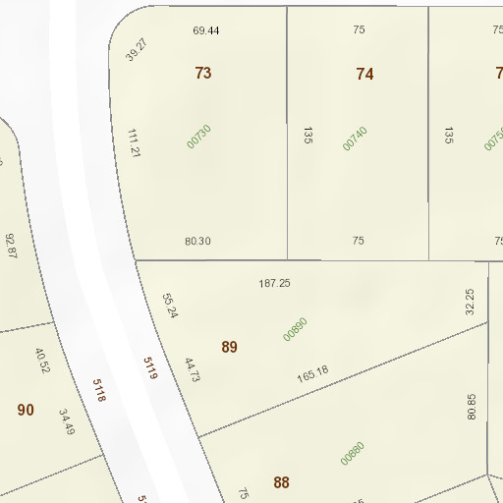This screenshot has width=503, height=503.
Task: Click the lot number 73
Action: (x=203, y=73)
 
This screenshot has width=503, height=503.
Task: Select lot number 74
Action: (x=364, y=74)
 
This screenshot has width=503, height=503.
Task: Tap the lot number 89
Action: (x=229, y=347)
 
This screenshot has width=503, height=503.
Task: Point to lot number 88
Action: (x=282, y=482)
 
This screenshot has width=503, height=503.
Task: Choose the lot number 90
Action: (x=26, y=410)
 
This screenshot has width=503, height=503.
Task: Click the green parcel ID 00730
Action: (x=198, y=137)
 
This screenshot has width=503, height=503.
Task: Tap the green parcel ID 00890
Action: (x=295, y=328)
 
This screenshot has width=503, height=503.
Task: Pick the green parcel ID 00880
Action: (x=352, y=453)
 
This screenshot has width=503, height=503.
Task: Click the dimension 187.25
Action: (x=274, y=283)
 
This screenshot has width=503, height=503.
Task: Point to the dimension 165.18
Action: (x=312, y=374)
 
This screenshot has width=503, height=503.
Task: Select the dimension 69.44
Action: (x=205, y=30)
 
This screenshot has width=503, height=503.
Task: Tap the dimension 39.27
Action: (x=136, y=50)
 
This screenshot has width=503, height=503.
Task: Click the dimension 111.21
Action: (x=135, y=142)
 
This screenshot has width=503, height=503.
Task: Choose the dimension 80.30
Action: (x=197, y=241)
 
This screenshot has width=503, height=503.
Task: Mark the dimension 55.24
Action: (x=170, y=306)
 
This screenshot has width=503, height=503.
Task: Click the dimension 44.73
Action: (x=192, y=369)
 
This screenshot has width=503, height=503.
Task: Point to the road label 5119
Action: (x=150, y=368)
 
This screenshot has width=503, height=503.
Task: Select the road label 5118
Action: (x=98, y=391)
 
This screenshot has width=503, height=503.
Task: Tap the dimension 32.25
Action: (x=470, y=301)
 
